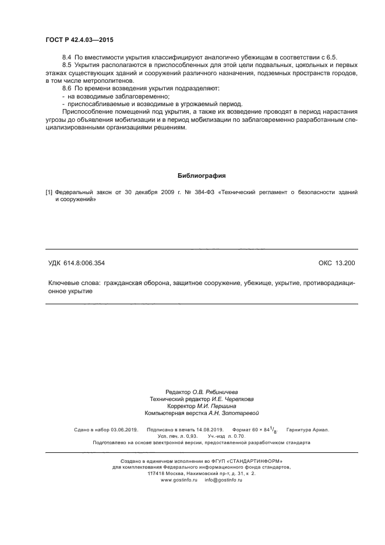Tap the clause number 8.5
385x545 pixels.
coord(66,66)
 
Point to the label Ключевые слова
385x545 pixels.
coord(73,282)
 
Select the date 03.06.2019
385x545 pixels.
coord(123,430)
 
